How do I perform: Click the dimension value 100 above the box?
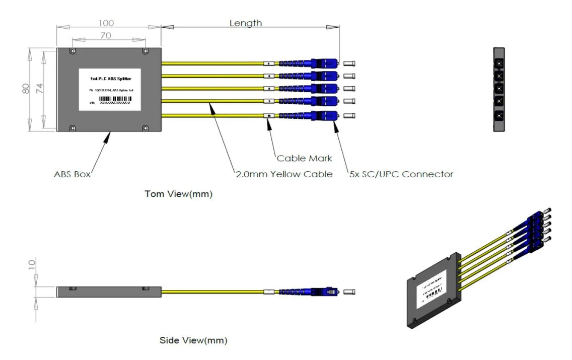pos(106,23)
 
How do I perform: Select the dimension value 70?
pos(106,36)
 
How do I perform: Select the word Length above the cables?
pos(246,23)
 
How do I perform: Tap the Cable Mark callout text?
pos(305,158)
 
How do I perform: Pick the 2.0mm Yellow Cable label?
pos(284,174)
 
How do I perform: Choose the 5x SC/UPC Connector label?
pos(401,174)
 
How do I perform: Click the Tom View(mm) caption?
pos(178,194)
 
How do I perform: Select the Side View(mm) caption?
pos(193,341)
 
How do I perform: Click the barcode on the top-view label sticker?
pos(113,99)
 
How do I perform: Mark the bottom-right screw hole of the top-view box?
pos(146,128)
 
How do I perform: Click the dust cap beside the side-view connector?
pos(349,292)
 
